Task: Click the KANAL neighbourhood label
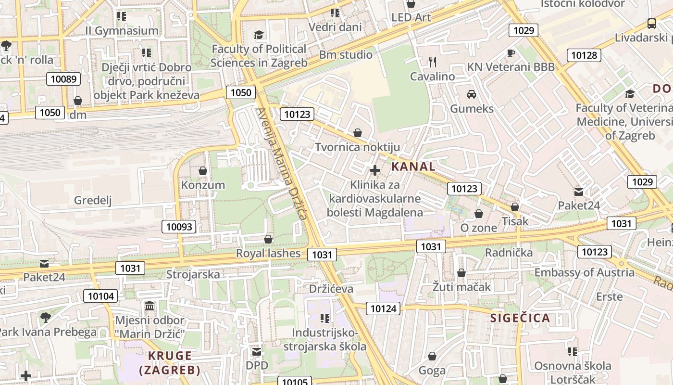(x=413, y=167)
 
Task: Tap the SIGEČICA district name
(x=520, y=318)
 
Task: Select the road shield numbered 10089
(x=63, y=79)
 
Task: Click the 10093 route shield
(x=179, y=227)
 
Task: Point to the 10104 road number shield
(x=101, y=296)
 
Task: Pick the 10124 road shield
(x=383, y=308)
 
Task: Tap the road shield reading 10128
(x=584, y=55)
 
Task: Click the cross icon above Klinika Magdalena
(x=375, y=170)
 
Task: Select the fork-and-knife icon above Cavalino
(x=433, y=62)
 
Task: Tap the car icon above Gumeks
(x=472, y=94)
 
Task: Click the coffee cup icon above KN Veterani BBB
(x=511, y=52)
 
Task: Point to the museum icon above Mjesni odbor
(x=150, y=306)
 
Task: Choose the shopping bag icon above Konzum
(x=203, y=170)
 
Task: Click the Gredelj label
(x=93, y=200)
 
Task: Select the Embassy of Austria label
(x=584, y=272)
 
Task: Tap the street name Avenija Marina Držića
(x=281, y=164)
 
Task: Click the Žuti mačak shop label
(x=461, y=287)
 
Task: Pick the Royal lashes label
(x=268, y=253)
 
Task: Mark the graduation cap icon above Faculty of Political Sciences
(x=259, y=35)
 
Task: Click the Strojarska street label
(x=193, y=274)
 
